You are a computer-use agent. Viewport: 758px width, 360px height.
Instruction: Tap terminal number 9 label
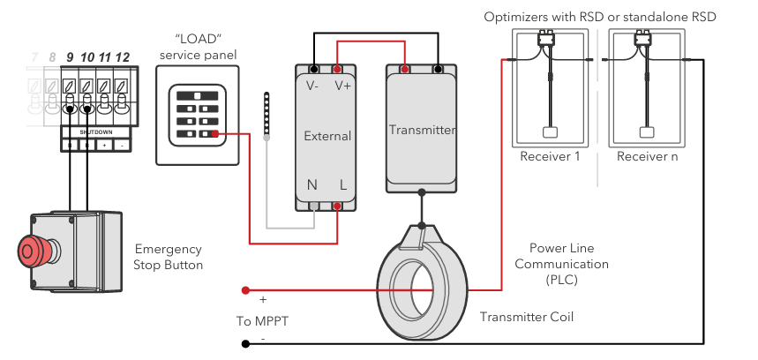click(x=69, y=57)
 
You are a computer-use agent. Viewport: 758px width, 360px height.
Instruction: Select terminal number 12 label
click(x=123, y=57)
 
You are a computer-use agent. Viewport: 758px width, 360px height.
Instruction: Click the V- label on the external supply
click(x=313, y=86)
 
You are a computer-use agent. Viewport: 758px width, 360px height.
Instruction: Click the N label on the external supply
click(x=311, y=185)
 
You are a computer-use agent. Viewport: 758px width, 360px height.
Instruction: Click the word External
click(x=326, y=136)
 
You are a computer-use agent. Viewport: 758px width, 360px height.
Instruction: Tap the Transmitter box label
click(x=422, y=130)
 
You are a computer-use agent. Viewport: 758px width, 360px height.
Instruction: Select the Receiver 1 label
click(x=550, y=156)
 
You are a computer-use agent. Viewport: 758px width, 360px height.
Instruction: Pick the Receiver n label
click(x=646, y=156)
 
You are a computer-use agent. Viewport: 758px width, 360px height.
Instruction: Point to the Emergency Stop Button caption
click(x=168, y=257)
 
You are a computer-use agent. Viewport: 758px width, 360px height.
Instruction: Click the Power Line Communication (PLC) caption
click(x=562, y=264)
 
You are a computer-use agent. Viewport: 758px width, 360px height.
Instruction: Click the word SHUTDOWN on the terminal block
click(x=96, y=131)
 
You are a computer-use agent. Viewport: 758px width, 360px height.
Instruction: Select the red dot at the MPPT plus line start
click(x=245, y=289)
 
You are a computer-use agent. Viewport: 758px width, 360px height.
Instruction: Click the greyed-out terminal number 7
click(x=34, y=57)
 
